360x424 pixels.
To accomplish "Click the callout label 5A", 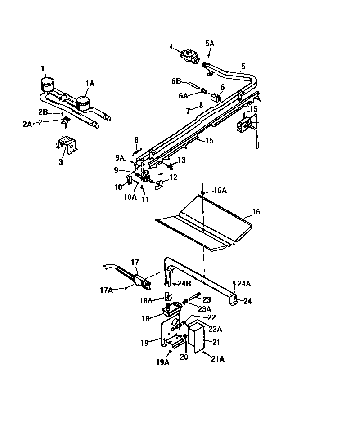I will (x=210, y=43).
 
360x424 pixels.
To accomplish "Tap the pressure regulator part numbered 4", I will (x=189, y=56).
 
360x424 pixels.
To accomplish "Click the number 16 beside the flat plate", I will (x=256, y=211).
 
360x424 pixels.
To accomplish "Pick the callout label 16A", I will (x=220, y=191).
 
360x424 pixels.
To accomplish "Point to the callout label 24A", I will (x=244, y=283).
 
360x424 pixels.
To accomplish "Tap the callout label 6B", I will (x=175, y=81).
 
